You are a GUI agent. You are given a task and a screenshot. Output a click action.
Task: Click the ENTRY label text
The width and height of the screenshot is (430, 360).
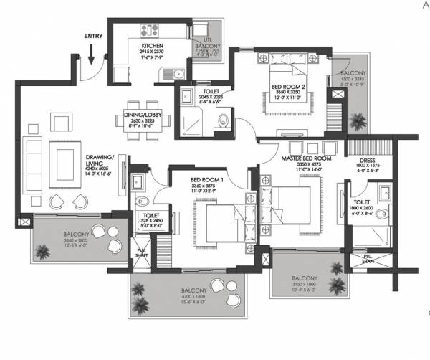pyautogui.click(x=92, y=35)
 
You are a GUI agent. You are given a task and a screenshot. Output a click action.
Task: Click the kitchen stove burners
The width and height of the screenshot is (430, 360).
pyautogui.click(x=151, y=30)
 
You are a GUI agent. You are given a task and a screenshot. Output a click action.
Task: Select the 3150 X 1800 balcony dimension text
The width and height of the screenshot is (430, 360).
pyautogui.click(x=305, y=283)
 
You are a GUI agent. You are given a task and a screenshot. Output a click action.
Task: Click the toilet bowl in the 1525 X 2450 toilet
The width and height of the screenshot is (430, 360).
pyautogui.click(x=141, y=201)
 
